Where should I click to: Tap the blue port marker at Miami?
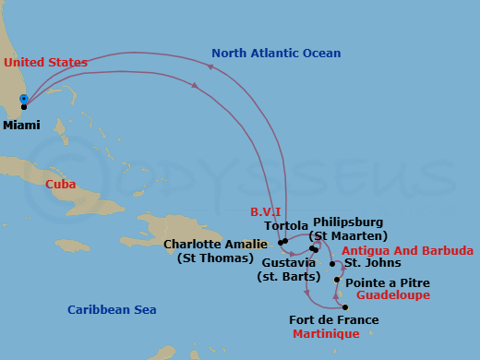23,99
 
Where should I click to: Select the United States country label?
44,62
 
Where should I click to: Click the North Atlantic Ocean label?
276,54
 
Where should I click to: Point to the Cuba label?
60,184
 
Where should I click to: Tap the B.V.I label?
265,212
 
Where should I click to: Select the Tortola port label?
286,226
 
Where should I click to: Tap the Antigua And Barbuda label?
407,250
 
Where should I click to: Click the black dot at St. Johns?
332,263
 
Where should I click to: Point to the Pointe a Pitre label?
387,282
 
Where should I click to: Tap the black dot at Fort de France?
344,307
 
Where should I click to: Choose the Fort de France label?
333,320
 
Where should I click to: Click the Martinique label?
326,333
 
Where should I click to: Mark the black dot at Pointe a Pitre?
338,280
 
